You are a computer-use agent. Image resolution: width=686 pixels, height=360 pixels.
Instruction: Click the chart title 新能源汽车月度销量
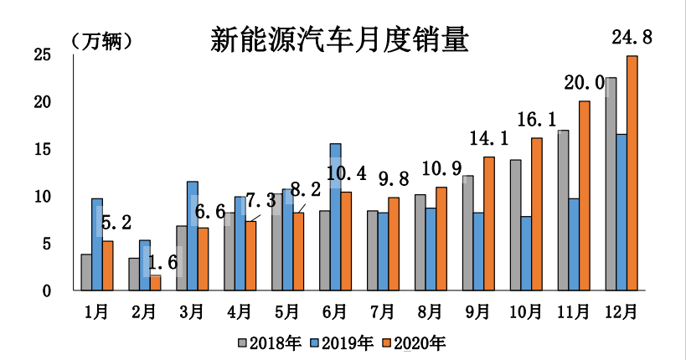point(339,39)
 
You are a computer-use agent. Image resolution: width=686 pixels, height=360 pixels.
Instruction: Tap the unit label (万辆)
point(101,41)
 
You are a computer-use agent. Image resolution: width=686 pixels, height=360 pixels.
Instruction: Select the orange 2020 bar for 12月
point(632,173)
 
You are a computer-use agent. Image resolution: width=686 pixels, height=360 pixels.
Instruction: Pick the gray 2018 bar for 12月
point(611,184)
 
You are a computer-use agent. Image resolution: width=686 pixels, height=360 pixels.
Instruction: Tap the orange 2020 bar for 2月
point(155,283)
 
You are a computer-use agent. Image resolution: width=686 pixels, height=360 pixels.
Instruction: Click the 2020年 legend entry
point(414,342)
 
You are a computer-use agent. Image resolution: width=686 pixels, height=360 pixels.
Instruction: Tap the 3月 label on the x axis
point(192,312)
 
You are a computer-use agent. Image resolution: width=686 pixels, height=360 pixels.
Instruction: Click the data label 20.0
point(584,82)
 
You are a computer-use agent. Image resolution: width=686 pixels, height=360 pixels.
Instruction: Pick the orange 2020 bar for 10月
point(537,214)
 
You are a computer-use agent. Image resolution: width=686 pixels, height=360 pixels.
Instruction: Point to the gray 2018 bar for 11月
point(563,210)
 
